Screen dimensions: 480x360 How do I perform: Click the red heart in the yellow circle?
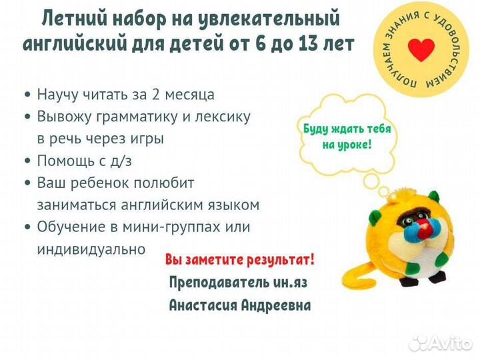point(421,50)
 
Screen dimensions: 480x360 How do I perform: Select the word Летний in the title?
point(75,19)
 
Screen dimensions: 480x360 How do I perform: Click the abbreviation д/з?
point(121,161)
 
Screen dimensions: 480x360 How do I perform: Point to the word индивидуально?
point(91,249)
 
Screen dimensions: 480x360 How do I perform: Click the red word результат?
point(281,260)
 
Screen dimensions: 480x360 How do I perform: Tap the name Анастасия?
point(203,305)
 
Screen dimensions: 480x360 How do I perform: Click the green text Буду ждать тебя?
point(347,129)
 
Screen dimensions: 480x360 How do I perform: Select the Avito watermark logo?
point(440,343)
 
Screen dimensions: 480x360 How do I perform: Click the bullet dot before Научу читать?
point(28,95)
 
